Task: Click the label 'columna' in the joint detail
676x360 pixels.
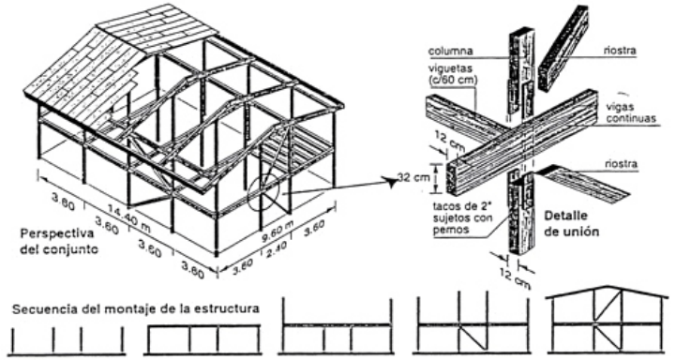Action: tap(450, 52)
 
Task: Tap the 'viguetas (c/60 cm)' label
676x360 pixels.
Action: tap(453, 74)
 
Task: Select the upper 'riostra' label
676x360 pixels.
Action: tap(620, 50)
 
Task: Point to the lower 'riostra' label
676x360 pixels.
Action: tap(621, 164)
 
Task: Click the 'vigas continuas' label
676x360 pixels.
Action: tap(631, 112)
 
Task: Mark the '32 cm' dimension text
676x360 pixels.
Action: tap(413, 177)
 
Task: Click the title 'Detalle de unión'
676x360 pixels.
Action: tap(571, 223)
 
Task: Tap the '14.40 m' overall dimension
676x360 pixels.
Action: tap(128, 218)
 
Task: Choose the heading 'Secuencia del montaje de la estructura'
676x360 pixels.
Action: tap(136, 308)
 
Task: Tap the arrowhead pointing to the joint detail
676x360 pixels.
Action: tap(392, 183)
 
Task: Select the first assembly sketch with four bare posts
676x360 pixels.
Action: tap(67, 341)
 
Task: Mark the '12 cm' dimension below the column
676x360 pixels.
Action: tap(515, 278)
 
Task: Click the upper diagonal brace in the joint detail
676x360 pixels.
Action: tap(563, 49)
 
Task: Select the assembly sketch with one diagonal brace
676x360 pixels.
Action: tap(472, 322)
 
